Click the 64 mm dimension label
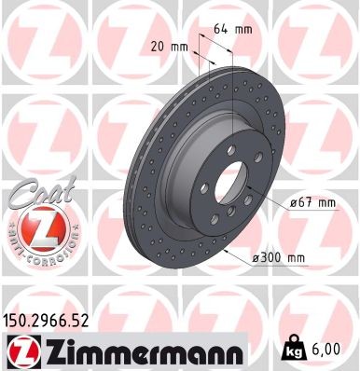pos(233,29)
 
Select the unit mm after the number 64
pos(244,29)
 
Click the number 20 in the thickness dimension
pos(155,47)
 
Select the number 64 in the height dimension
pos(222,29)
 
